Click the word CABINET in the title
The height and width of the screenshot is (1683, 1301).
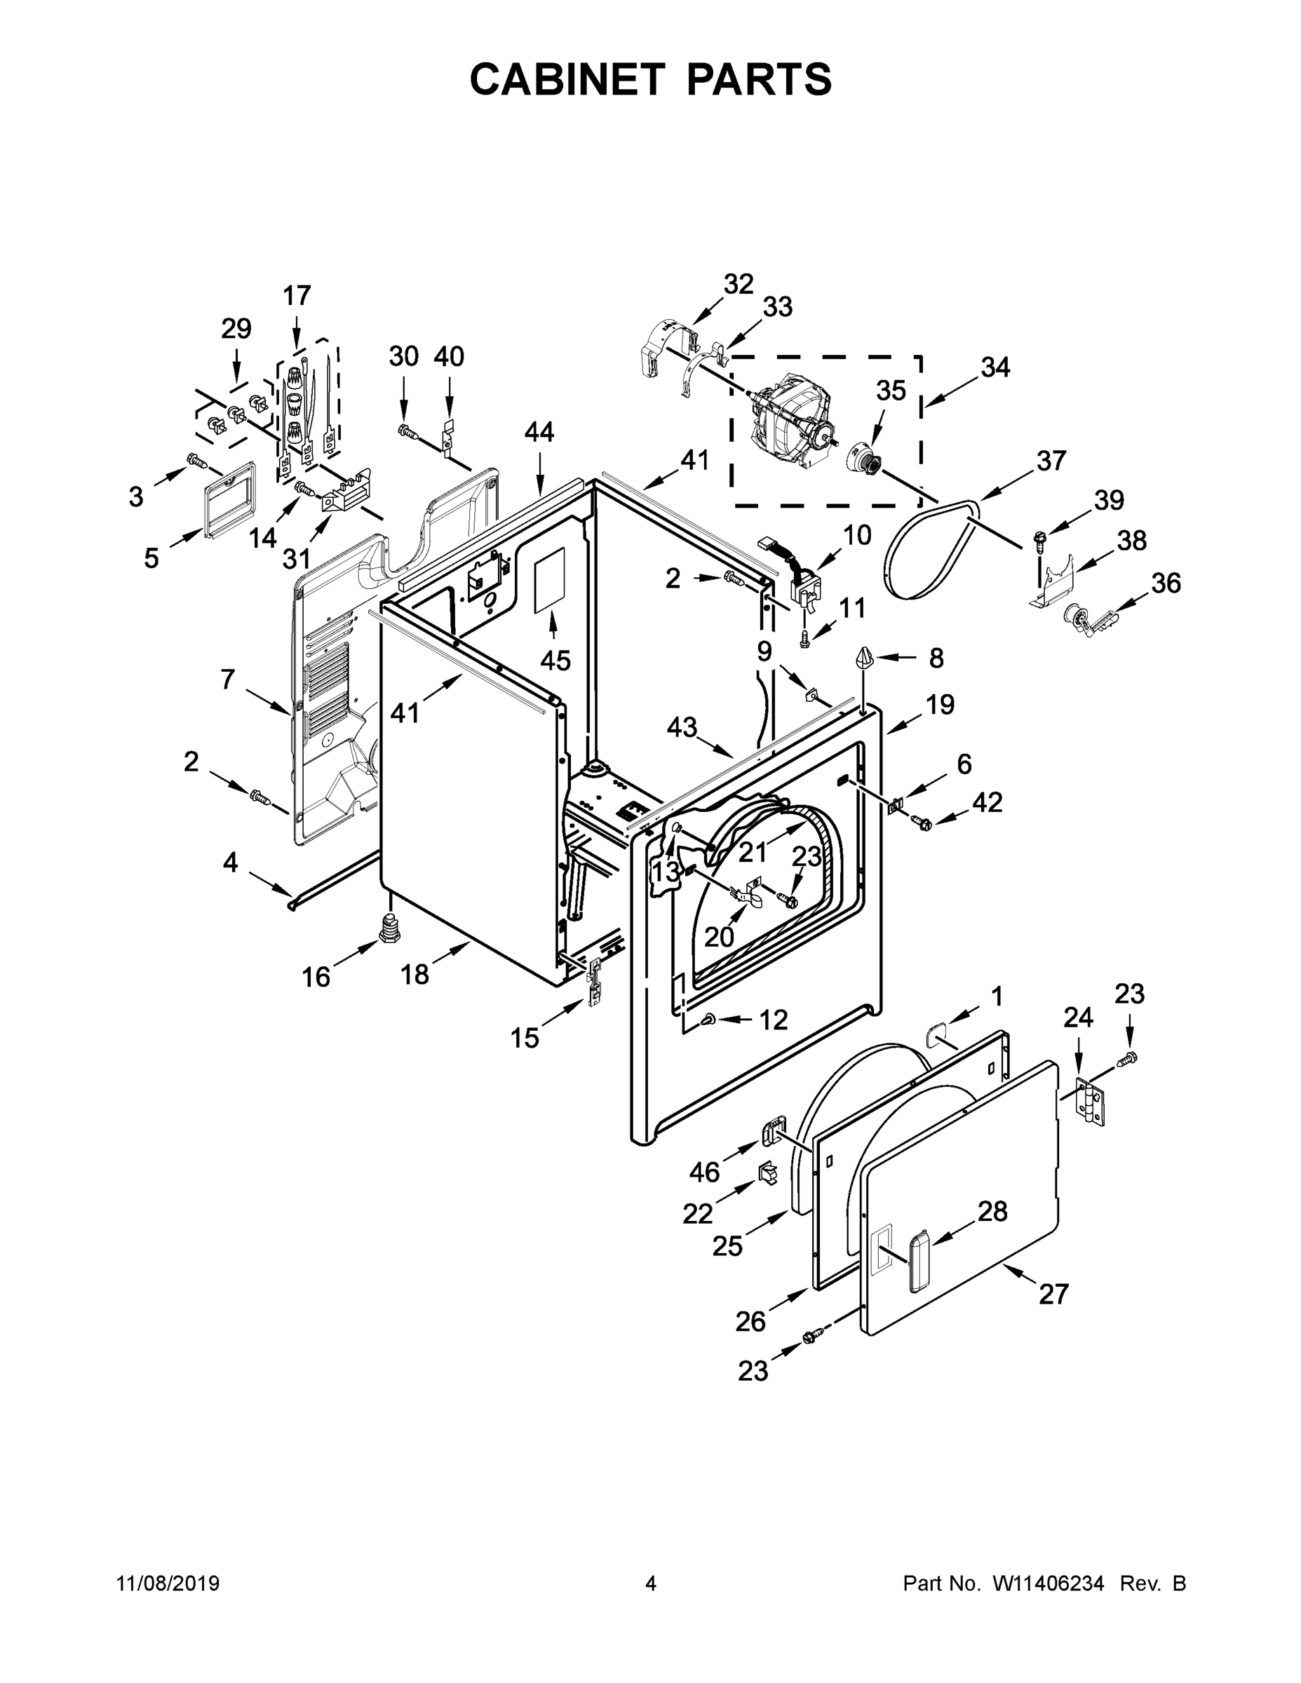pyautogui.click(x=567, y=79)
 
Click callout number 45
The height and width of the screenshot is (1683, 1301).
pyautogui.click(x=555, y=661)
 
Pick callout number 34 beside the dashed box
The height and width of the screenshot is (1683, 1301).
pyautogui.click(x=995, y=367)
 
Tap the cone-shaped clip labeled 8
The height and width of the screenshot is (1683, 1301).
pyautogui.click(x=864, y=659)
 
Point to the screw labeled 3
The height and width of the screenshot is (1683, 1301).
pyautogui.click(x=196, y=461)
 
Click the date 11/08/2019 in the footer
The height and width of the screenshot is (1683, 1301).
pyautogui.click(x=168, y=1583)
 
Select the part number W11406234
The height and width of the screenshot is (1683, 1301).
pyautogui.click(x=1049, y=1583)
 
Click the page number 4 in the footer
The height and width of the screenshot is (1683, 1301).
pyautogui.click(x=651, y=1583)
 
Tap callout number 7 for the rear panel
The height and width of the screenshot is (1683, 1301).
pyautogui.click(x=227, y=680)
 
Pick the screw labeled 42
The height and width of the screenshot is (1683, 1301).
pyautogui.click(x=922, y=824)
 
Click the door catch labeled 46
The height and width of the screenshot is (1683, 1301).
pyautogui.click(x=772, y=1133)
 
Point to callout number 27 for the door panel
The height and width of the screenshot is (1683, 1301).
pyautogui.click(x=1053, y=1294)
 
